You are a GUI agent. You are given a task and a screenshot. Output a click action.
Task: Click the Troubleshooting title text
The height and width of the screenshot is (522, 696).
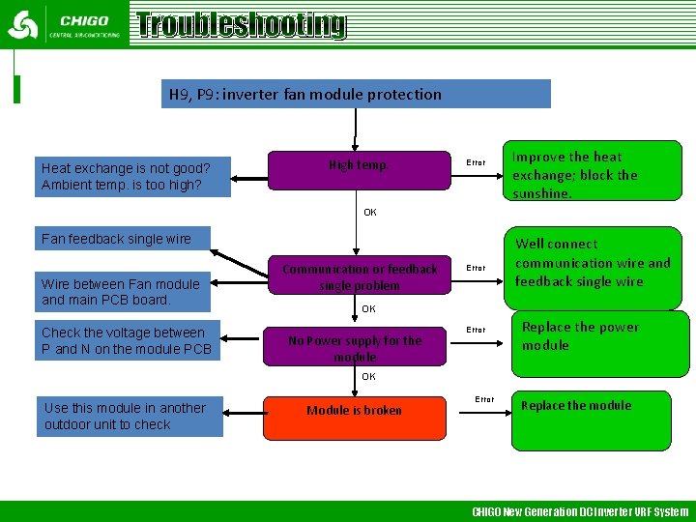[241, 24]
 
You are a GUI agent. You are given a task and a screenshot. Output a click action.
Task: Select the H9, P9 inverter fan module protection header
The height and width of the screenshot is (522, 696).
[356, 94]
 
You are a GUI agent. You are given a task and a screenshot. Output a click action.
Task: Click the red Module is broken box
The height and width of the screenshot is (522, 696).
[355, 411]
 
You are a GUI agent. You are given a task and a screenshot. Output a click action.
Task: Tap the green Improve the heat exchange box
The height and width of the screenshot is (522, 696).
[596, 171]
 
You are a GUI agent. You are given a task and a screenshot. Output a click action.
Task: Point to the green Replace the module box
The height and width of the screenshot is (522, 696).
[591, 420]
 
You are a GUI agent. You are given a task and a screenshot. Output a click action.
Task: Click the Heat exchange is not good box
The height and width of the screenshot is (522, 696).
[132, 176]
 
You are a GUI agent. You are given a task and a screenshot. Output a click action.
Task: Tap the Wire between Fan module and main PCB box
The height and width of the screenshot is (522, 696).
[121, 291]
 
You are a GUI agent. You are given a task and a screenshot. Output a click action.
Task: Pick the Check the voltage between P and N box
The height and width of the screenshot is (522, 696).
[127, 340]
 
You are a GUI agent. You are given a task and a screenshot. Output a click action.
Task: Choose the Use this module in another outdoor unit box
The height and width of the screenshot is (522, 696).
[130, 416]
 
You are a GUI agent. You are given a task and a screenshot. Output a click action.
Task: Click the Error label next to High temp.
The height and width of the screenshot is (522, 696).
[476, 163]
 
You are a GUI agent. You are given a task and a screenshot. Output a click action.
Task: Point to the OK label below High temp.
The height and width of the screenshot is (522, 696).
[369, 213]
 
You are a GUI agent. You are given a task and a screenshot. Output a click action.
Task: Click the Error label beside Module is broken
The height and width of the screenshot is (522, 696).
[484, 399]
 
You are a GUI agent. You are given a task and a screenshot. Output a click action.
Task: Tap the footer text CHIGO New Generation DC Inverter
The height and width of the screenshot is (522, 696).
[580, 511]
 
